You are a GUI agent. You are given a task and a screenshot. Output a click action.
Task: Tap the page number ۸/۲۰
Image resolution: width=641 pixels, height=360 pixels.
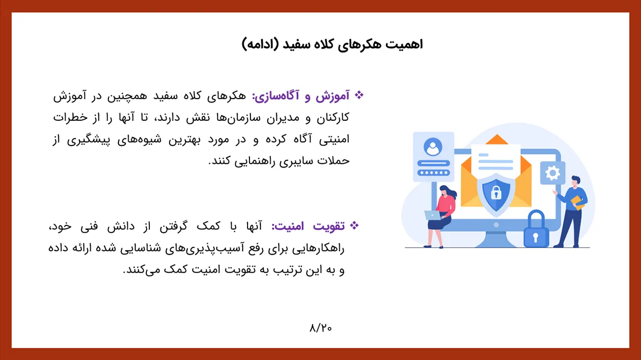[320, 328]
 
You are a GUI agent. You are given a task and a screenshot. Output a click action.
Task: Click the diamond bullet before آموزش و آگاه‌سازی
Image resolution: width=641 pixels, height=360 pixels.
[359, 95]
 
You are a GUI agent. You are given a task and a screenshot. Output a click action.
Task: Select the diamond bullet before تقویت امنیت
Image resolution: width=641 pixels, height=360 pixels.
[354, 225]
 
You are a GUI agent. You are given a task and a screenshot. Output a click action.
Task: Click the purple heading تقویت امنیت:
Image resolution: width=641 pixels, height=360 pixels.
[308, 226]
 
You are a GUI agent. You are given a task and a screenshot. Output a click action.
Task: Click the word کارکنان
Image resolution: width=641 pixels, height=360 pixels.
[333, 117]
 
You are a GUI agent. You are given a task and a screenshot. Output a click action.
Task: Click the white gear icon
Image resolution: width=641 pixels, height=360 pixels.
[552, 173]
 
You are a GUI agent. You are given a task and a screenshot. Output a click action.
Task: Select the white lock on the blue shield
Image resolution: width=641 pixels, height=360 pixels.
[496, 192]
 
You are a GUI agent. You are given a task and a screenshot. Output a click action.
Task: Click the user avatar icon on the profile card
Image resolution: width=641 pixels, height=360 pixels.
[433, 147]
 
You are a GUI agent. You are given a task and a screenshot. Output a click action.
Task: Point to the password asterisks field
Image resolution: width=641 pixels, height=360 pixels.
[433, 173]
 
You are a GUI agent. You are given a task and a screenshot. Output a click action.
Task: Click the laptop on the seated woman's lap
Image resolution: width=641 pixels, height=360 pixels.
[433, 215]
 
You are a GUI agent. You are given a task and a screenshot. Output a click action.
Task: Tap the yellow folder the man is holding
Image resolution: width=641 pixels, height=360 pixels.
[577, 203]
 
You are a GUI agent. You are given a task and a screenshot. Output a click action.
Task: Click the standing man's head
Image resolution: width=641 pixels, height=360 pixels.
[576, 181]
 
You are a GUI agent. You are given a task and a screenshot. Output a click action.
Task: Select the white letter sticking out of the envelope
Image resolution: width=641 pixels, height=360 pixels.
[496, 161]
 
